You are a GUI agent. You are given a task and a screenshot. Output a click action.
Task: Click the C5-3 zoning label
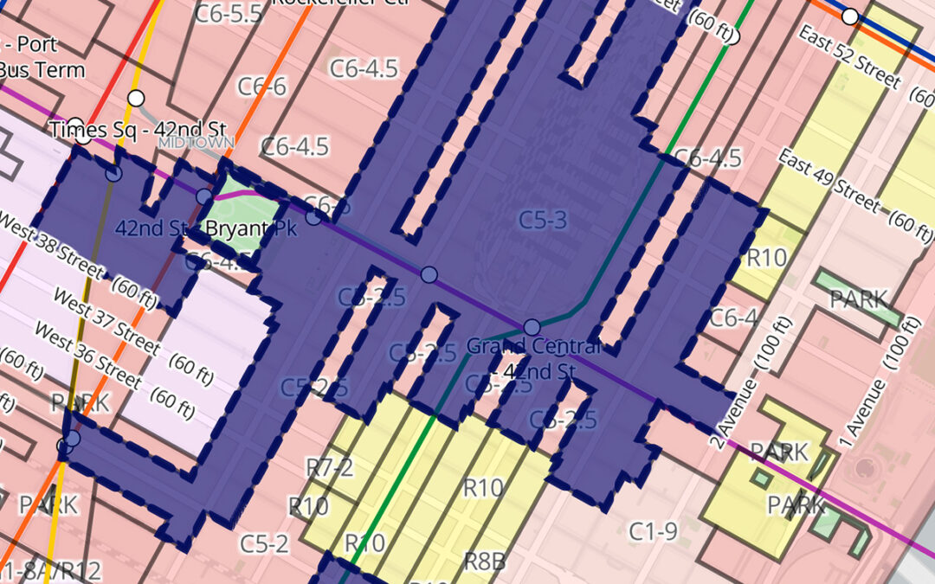pos(543,220)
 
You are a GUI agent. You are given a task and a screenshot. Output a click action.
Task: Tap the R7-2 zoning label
pos(330,468)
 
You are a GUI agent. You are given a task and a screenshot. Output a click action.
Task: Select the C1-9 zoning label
pos(654,531)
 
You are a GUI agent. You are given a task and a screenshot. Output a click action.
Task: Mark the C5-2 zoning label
pos(264,544)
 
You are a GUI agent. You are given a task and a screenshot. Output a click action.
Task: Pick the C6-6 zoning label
pos(261,87)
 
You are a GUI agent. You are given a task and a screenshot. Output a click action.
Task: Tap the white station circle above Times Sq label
pos(136,97)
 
